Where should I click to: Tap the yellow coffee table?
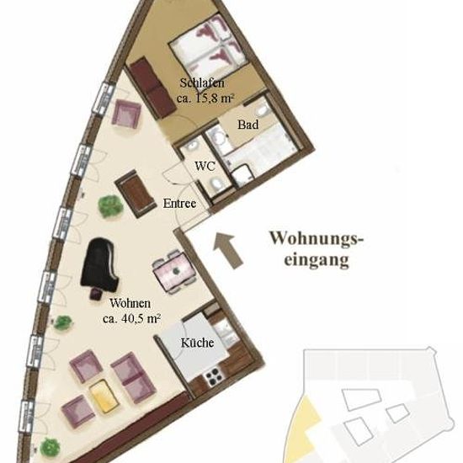click(x=104, y=396)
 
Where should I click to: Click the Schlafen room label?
click(x=202, y=83)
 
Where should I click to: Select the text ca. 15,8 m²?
click(x=205, y=98)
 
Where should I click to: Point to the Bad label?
click(x=248, y=125)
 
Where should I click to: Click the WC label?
click(x=205, y=166)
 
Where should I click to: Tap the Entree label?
click(x=179, y=204)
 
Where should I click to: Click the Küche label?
click(x=197, y=343)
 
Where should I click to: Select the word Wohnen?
click(x=130, y=303)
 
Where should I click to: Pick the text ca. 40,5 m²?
click(x=131, y=318)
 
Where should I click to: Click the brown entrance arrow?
click(x=228, y=250)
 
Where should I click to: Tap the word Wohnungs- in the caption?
click(x=317, y=238)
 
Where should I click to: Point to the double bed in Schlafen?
click(x=208, y=45)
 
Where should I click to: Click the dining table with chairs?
click(x=175, y=272)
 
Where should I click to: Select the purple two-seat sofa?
click(x=133, y=378)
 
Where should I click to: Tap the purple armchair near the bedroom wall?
click(x=125, y=114)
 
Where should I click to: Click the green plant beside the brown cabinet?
click(x=110, y=206)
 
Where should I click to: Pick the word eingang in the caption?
click(x=317, y=260)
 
